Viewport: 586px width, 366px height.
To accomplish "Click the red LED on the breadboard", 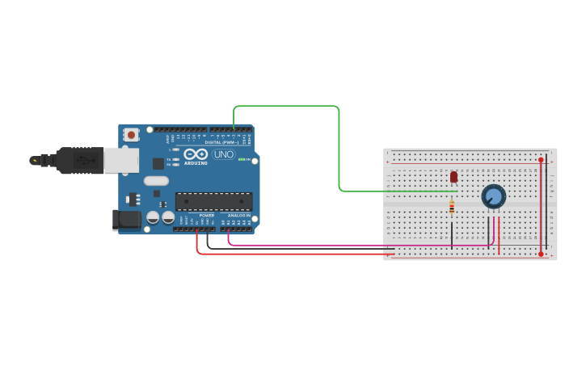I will click(x=453, y=176).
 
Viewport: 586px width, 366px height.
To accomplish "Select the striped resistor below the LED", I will click(x=452, y=208).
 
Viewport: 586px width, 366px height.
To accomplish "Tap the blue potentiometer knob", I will click(x=493, y=196).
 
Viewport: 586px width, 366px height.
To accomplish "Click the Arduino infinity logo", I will click(x=196, y=154).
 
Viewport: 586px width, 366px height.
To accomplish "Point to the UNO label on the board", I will click(x=224, y=154).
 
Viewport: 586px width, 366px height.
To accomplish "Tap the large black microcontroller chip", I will click(x=213, y=201).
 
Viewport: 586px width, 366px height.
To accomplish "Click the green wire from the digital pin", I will click(x=339, y=145).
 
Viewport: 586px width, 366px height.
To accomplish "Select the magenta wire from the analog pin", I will click(x=323, y=244).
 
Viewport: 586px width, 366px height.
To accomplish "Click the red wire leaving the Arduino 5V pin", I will click(x=291, y=254).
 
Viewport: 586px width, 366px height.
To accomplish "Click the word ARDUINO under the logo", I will click(x=196, y=162).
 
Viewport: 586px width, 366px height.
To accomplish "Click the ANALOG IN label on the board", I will click(x=238, y=216).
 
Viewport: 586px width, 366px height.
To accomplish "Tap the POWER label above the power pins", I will click(x=207, y=216).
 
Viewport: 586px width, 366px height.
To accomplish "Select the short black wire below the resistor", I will click(x=452, y=232).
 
